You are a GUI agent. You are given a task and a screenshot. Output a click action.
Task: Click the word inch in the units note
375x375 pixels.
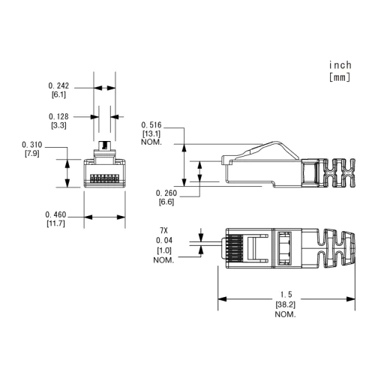[340, 65]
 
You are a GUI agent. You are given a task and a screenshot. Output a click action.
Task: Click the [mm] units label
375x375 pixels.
[340, 76]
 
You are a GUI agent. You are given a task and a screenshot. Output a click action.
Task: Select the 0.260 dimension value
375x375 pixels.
[166, 193]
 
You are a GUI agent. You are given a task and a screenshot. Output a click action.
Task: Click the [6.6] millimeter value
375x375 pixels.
[166, 202]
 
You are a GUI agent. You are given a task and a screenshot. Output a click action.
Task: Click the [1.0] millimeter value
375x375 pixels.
[163, 250]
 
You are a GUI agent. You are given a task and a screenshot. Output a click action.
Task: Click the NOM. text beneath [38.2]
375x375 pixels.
[284, 315]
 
